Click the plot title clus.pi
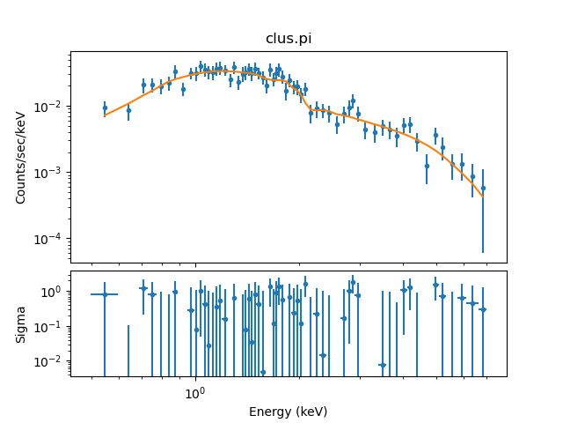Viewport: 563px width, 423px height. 289,39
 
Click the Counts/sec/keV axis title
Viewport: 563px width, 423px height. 21,157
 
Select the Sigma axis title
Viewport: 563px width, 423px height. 21,324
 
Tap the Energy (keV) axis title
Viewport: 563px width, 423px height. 289,412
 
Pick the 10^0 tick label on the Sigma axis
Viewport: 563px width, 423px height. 53,292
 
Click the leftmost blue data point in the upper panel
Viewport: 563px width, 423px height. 105,108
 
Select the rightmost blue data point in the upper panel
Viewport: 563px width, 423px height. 483,188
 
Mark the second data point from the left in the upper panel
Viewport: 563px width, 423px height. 128,110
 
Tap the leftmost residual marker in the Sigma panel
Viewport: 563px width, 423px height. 105,294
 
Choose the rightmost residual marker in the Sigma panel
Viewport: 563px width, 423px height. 483,309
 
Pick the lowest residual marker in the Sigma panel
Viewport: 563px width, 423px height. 262,372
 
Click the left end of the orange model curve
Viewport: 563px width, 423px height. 105,115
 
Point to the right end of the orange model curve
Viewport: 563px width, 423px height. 483,196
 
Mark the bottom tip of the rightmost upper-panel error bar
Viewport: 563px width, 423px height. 483,252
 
